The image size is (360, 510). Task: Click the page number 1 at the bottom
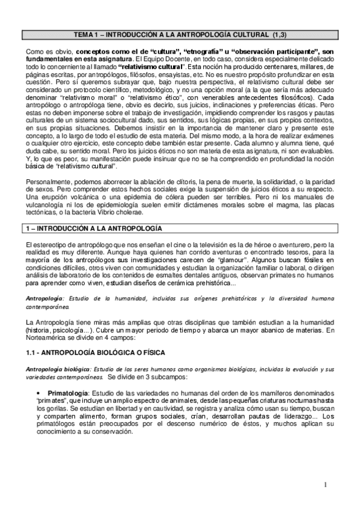(x=325, y=485)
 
